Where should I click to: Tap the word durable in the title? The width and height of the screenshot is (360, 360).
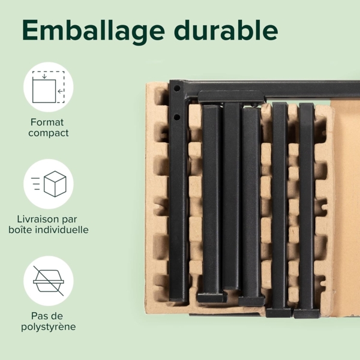226,30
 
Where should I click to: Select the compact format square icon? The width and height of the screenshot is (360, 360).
49,87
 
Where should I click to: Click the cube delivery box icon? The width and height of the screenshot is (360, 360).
55,184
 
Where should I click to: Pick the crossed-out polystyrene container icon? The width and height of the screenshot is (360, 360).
49,281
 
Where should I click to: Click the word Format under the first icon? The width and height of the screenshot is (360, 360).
47,122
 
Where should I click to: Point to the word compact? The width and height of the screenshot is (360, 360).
49,133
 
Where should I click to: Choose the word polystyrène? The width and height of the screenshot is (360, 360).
49,327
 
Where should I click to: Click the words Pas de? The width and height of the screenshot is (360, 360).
47,316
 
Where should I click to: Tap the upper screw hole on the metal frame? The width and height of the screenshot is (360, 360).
177,88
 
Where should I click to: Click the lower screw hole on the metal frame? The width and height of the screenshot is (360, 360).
176,118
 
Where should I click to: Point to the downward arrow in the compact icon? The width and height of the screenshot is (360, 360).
44,76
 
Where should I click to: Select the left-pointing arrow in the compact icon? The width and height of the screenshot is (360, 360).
61,91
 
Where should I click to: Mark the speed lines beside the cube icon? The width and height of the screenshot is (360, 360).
35,184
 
